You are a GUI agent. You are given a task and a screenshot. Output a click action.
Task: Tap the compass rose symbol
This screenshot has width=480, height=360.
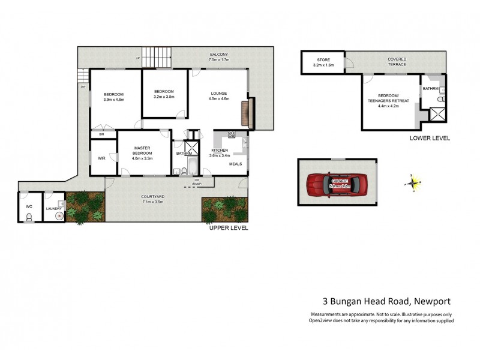point(413,182)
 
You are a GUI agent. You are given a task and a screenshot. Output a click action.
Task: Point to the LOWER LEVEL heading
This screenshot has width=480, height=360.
point(430,138)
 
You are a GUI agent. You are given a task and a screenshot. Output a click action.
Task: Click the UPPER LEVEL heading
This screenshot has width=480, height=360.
point(228,228)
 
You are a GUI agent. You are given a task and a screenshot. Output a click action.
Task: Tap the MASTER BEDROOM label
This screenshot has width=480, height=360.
point(142,150)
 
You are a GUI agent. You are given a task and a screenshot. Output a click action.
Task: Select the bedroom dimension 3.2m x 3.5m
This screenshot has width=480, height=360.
point(163,97)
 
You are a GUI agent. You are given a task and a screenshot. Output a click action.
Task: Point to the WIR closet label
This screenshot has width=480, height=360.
point(101,158)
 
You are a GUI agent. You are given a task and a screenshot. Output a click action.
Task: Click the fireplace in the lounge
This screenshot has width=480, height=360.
point(244,113)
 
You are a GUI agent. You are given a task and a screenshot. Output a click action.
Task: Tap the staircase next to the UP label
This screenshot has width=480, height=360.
point(157,59)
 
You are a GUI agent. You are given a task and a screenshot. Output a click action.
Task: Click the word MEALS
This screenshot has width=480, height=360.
point(236,163)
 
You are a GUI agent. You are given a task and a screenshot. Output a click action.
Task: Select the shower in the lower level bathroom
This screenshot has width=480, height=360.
point(437,114)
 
